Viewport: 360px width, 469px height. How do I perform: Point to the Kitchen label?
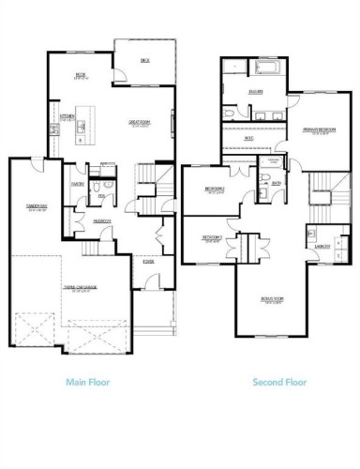(x=67, y=117)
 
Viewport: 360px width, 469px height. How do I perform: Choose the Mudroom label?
(x=101, y=220)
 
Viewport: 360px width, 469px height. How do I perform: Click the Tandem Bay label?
(x=37, y=208)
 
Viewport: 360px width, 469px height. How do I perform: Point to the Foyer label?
(x=147, y=262)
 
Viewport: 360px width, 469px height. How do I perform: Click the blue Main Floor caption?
(x=91, y=382)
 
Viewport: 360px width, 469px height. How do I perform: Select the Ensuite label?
(x=255, y=91)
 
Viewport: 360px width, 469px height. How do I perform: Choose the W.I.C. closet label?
(x=249, y=139)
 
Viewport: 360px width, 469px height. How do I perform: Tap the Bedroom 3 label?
(x=211, y=237)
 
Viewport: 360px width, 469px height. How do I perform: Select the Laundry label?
(x=322, y=246)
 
